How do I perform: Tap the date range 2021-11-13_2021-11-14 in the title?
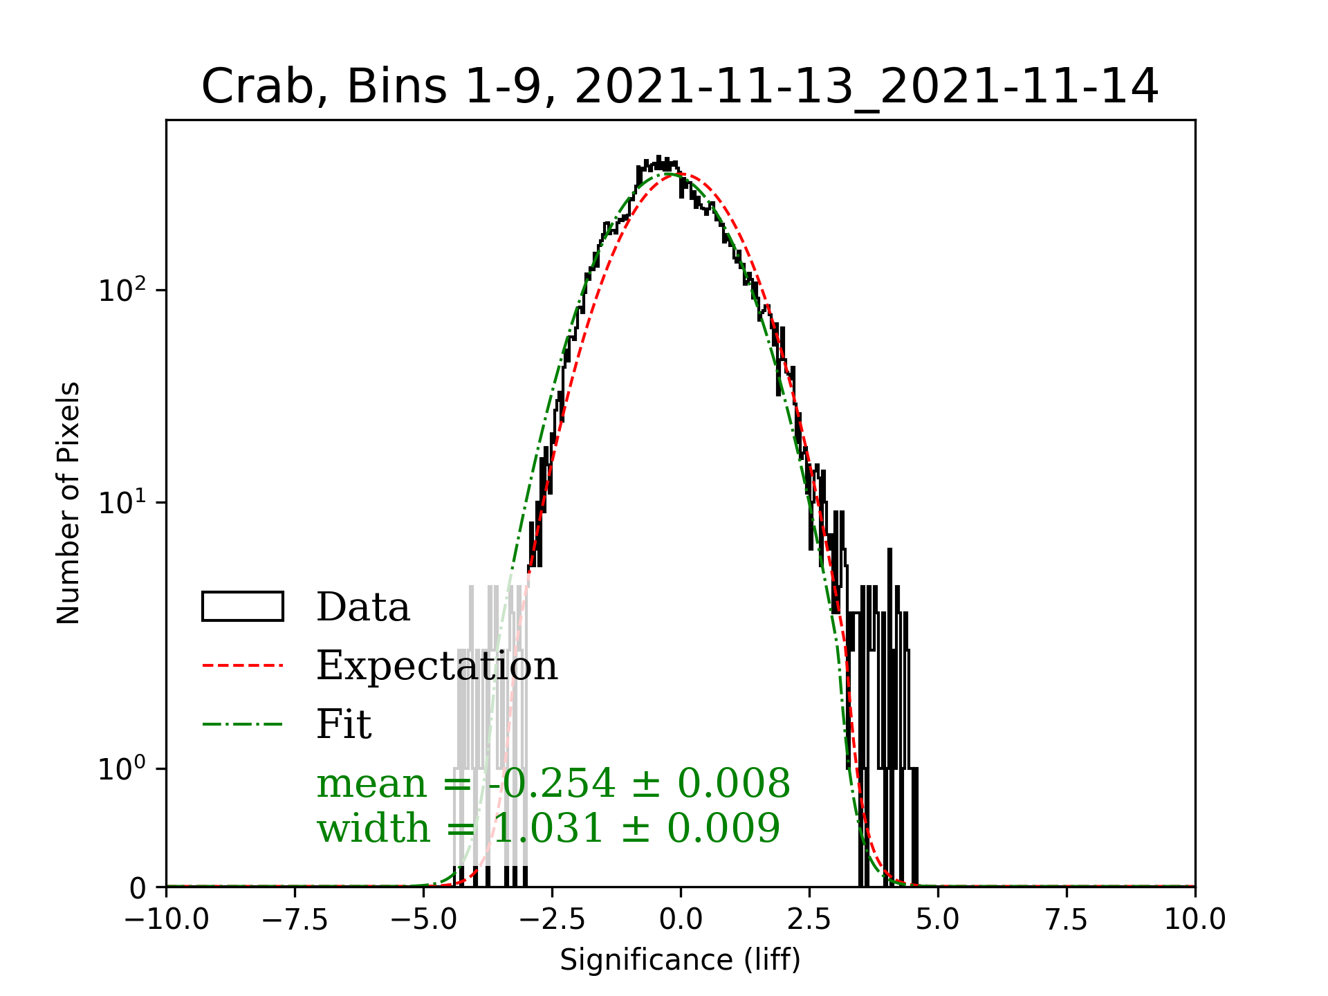[866, 88]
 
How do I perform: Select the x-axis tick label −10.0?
[167, 921]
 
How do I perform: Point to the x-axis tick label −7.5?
[295, 921]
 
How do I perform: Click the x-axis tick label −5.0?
[424, 921]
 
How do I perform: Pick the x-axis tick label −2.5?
[552, 921]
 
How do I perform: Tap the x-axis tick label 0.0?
[681, 921]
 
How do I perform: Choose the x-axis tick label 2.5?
[809, 921]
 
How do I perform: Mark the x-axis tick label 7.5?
[1067, 921]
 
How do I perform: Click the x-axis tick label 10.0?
[1195, 921]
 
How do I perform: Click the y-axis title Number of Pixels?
[68, 503]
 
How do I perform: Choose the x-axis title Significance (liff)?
[680, 961]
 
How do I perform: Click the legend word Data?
[363, 608]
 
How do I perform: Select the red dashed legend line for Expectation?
[243, 666]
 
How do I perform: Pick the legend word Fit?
[344, 725]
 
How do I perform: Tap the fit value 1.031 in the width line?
[548, 829]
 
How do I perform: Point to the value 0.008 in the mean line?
[733, 784]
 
